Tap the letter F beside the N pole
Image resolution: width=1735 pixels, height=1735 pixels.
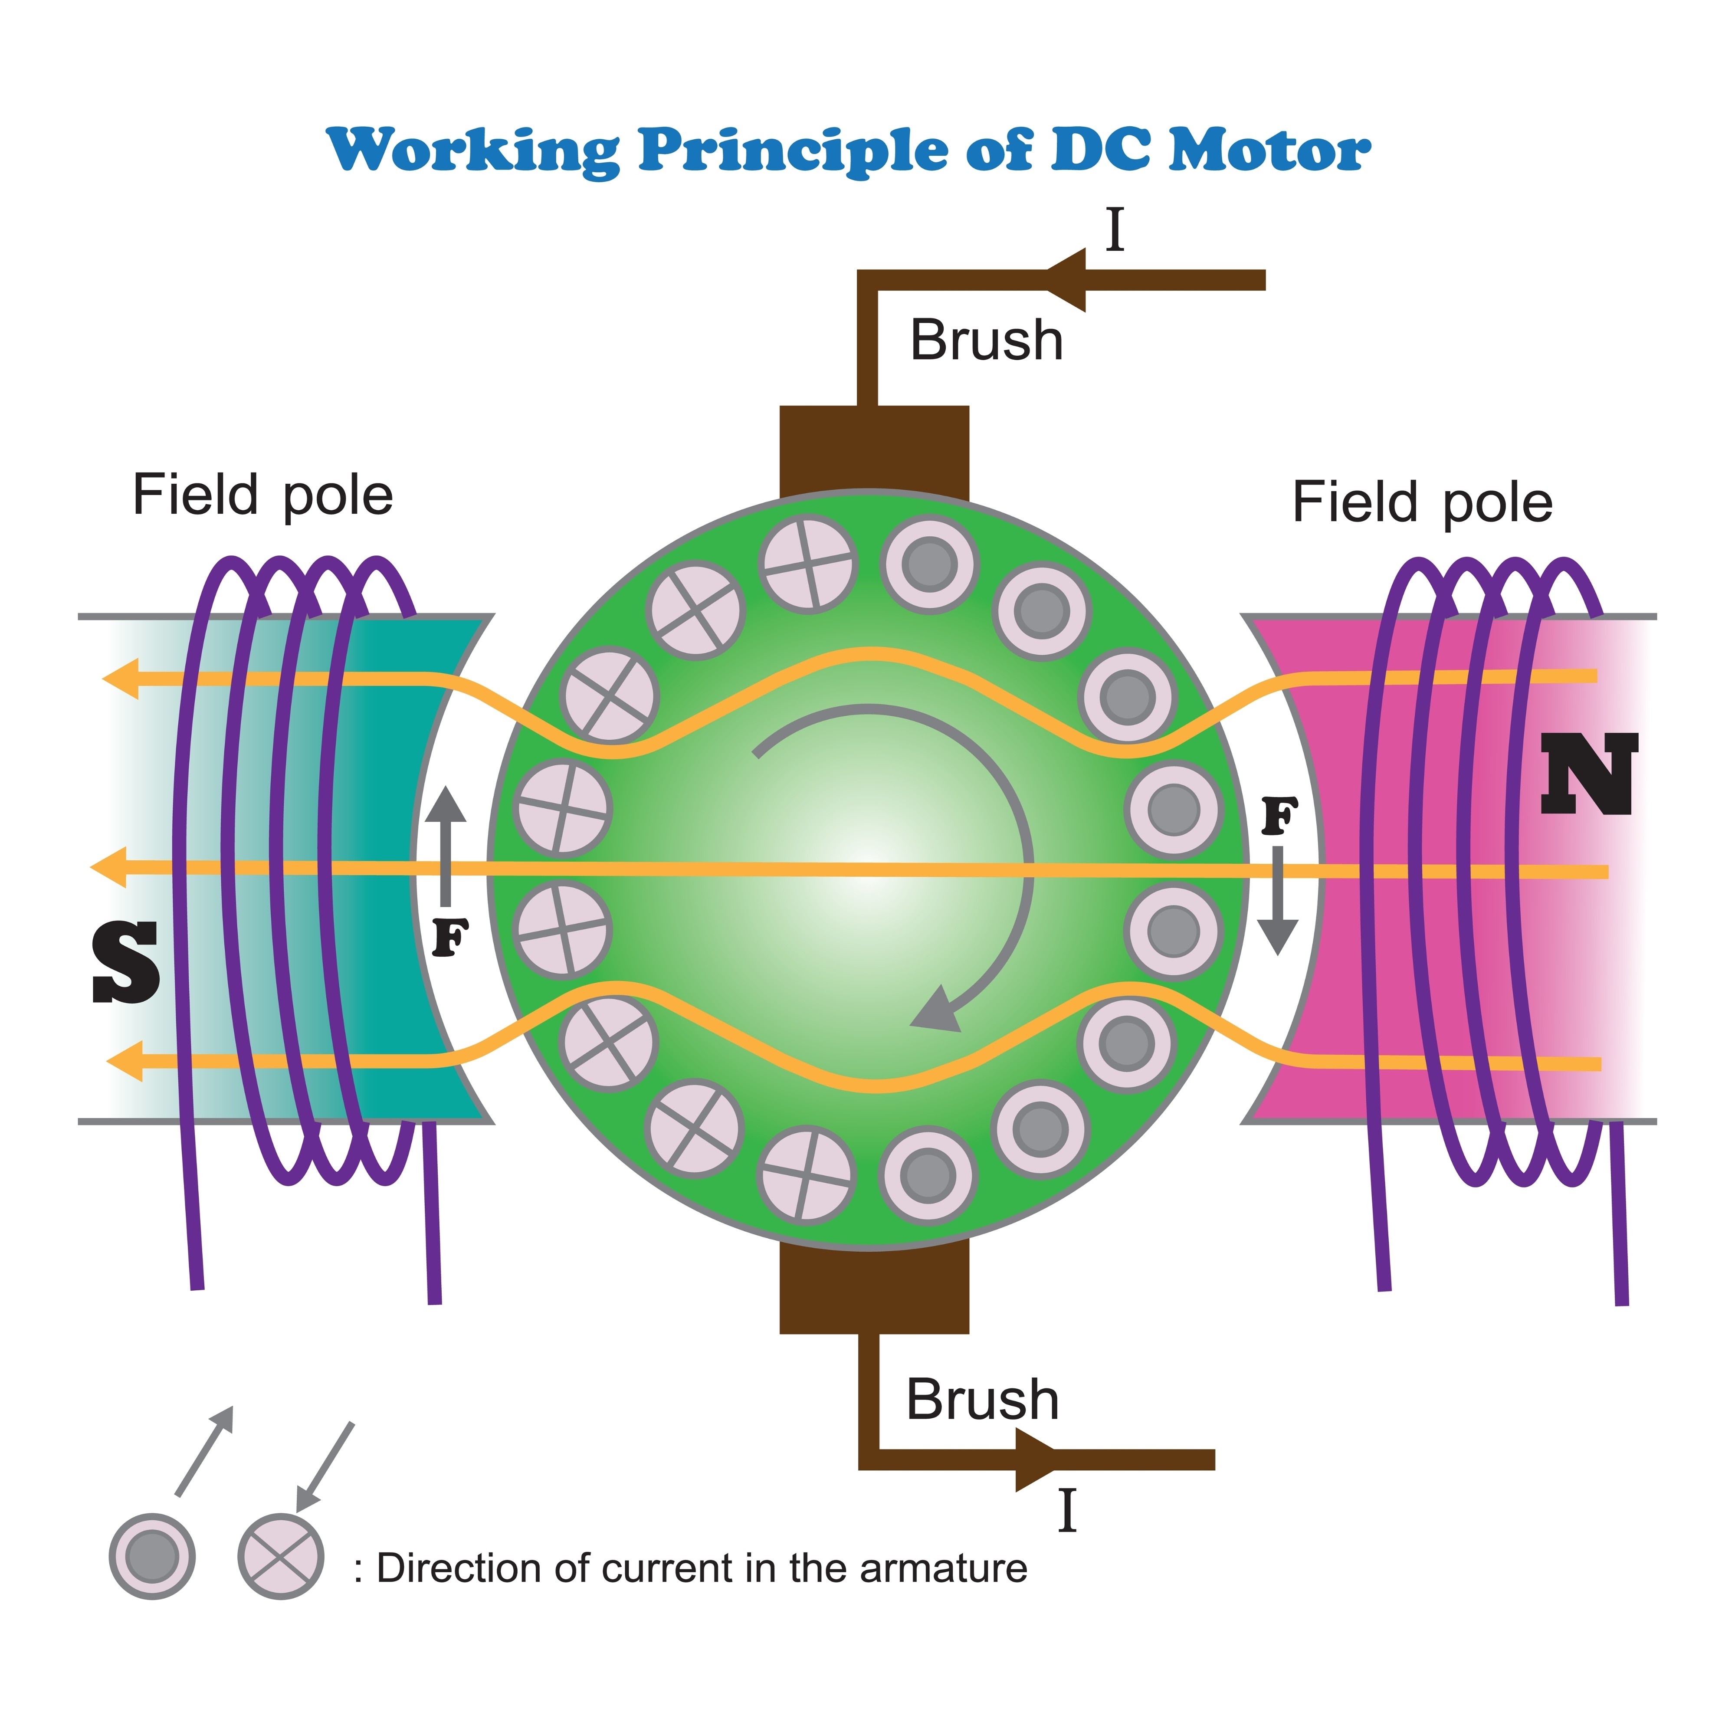tap(1280, 817)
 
